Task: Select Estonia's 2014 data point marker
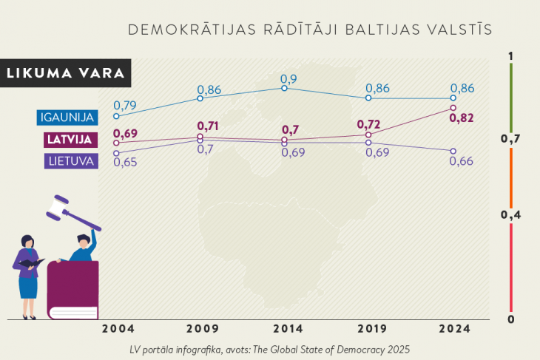[x=285, y=88]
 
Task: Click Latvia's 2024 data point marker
[x=453, y=109]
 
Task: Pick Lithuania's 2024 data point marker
[x=453, y=151]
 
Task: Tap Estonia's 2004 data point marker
[x=116, y=117]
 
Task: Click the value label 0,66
[x=461, y=161]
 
